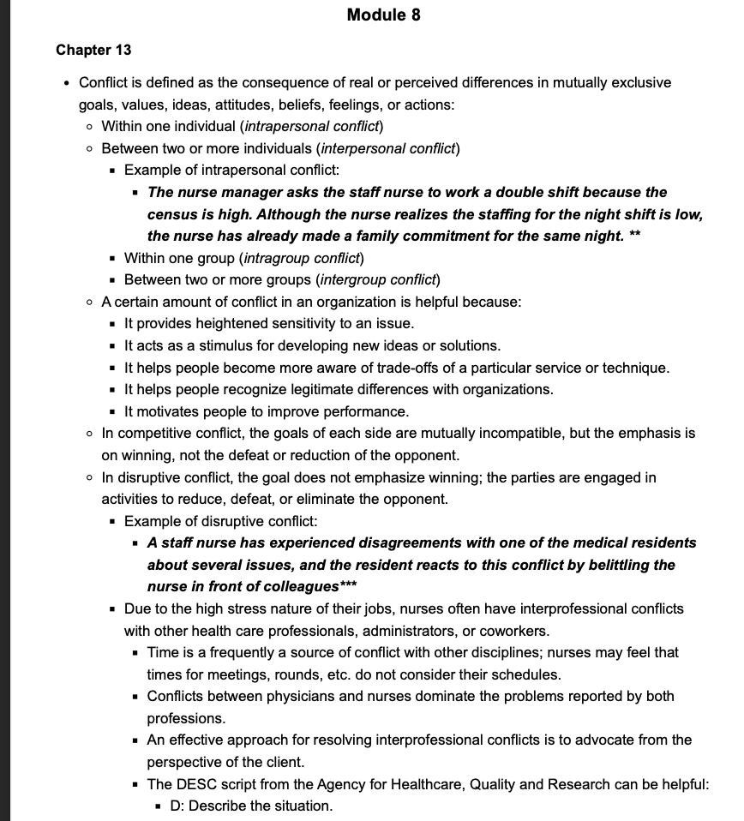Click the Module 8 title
click(383, 15)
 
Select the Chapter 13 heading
click(93, 50)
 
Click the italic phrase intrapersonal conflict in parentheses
click(311, 127)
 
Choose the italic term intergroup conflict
click(379, 279)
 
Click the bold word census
click(174, 214)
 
